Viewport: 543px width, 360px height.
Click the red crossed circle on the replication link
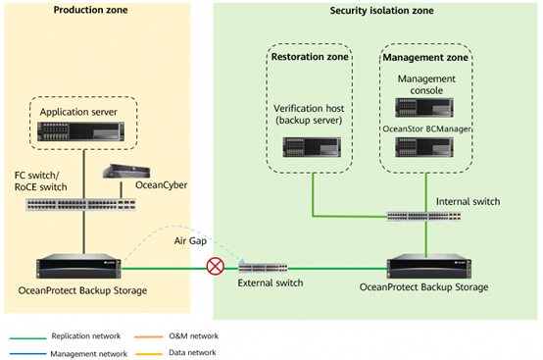pyautogui.click(x=215, y=267)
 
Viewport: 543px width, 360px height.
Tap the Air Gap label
pyautogui.click(x=190, y=240)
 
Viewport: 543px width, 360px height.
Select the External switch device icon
pyautogui.click(x=263, y=268)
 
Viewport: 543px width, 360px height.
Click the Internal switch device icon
pyautogui.click(x=423, y=217)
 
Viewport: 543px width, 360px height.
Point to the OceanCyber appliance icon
pyautogui.click(x=126, y=172)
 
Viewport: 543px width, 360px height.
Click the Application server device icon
pyautogui.click(x=80, y=131)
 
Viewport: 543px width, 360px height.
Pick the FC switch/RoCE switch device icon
pyautogui.click(x=81, y=205)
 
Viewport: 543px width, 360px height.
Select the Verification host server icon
pyautogui.click(x=312, y=147)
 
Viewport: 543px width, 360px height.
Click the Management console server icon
pyautogui.click(x=424, y=107)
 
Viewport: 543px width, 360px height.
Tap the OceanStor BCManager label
pyautogui.click(x=426, y=129)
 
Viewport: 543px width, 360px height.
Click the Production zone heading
pyautogui.click(x=90, y=10)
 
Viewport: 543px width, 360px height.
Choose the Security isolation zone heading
pyautogui.click(x=381, y=11)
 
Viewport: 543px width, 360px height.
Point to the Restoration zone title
pyautogui.click(x=310, y=57)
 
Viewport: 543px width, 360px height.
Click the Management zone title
pyautogui.click(x=425, y=58)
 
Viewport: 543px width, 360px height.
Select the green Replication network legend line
pyautogui.click(x=28, y=337)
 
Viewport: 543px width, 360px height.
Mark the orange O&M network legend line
pyautogui.click(x=149, y=336)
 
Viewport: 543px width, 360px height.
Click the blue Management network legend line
pyautogui.click(x=28, y=354)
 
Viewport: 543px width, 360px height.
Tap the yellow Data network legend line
pyautogui.click(x=149, y=354)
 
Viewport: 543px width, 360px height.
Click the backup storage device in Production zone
pyautogui.click(x=78, y=266)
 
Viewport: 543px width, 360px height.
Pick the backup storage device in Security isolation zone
pyautogui.click(x=428, y=266)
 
